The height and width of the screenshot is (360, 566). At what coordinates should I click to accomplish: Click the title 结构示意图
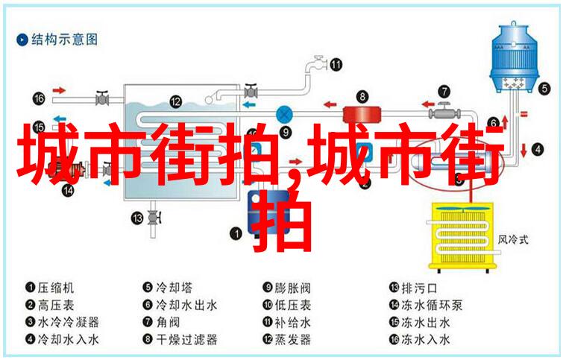pos(64,40)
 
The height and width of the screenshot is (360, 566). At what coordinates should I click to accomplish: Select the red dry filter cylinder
pos(361,114)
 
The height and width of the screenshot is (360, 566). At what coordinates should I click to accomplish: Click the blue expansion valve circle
pos(284,115)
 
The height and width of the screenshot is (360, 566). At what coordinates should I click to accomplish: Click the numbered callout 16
pos(39,98)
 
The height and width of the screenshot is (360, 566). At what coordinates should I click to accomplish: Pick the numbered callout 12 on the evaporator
pos(176,101)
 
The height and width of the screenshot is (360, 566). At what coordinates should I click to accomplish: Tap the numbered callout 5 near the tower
pos(544,89)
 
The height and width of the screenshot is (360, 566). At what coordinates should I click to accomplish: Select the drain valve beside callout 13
pos(153,217)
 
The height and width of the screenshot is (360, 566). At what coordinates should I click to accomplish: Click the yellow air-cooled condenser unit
pos(463,236)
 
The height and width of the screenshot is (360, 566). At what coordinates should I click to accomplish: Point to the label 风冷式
pos(512,239)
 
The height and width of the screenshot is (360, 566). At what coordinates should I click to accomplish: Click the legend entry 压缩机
pos(50,288)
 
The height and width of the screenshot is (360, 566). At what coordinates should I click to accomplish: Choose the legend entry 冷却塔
pos(168,288)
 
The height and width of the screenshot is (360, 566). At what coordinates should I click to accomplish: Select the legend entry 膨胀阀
pos(286,288)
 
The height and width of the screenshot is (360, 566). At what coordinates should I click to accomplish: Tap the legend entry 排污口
pos(413,288)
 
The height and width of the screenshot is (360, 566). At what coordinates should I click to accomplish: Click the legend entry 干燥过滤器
pos(180,339)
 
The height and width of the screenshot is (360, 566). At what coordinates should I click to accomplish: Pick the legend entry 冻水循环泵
pos(426,305)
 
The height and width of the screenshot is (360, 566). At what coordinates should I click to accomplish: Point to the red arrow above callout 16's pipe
pos(59,90)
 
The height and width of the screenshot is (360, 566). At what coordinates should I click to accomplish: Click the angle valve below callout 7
pos(444,112)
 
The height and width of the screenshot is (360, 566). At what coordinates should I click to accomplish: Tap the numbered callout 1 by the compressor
pos(236,233)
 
